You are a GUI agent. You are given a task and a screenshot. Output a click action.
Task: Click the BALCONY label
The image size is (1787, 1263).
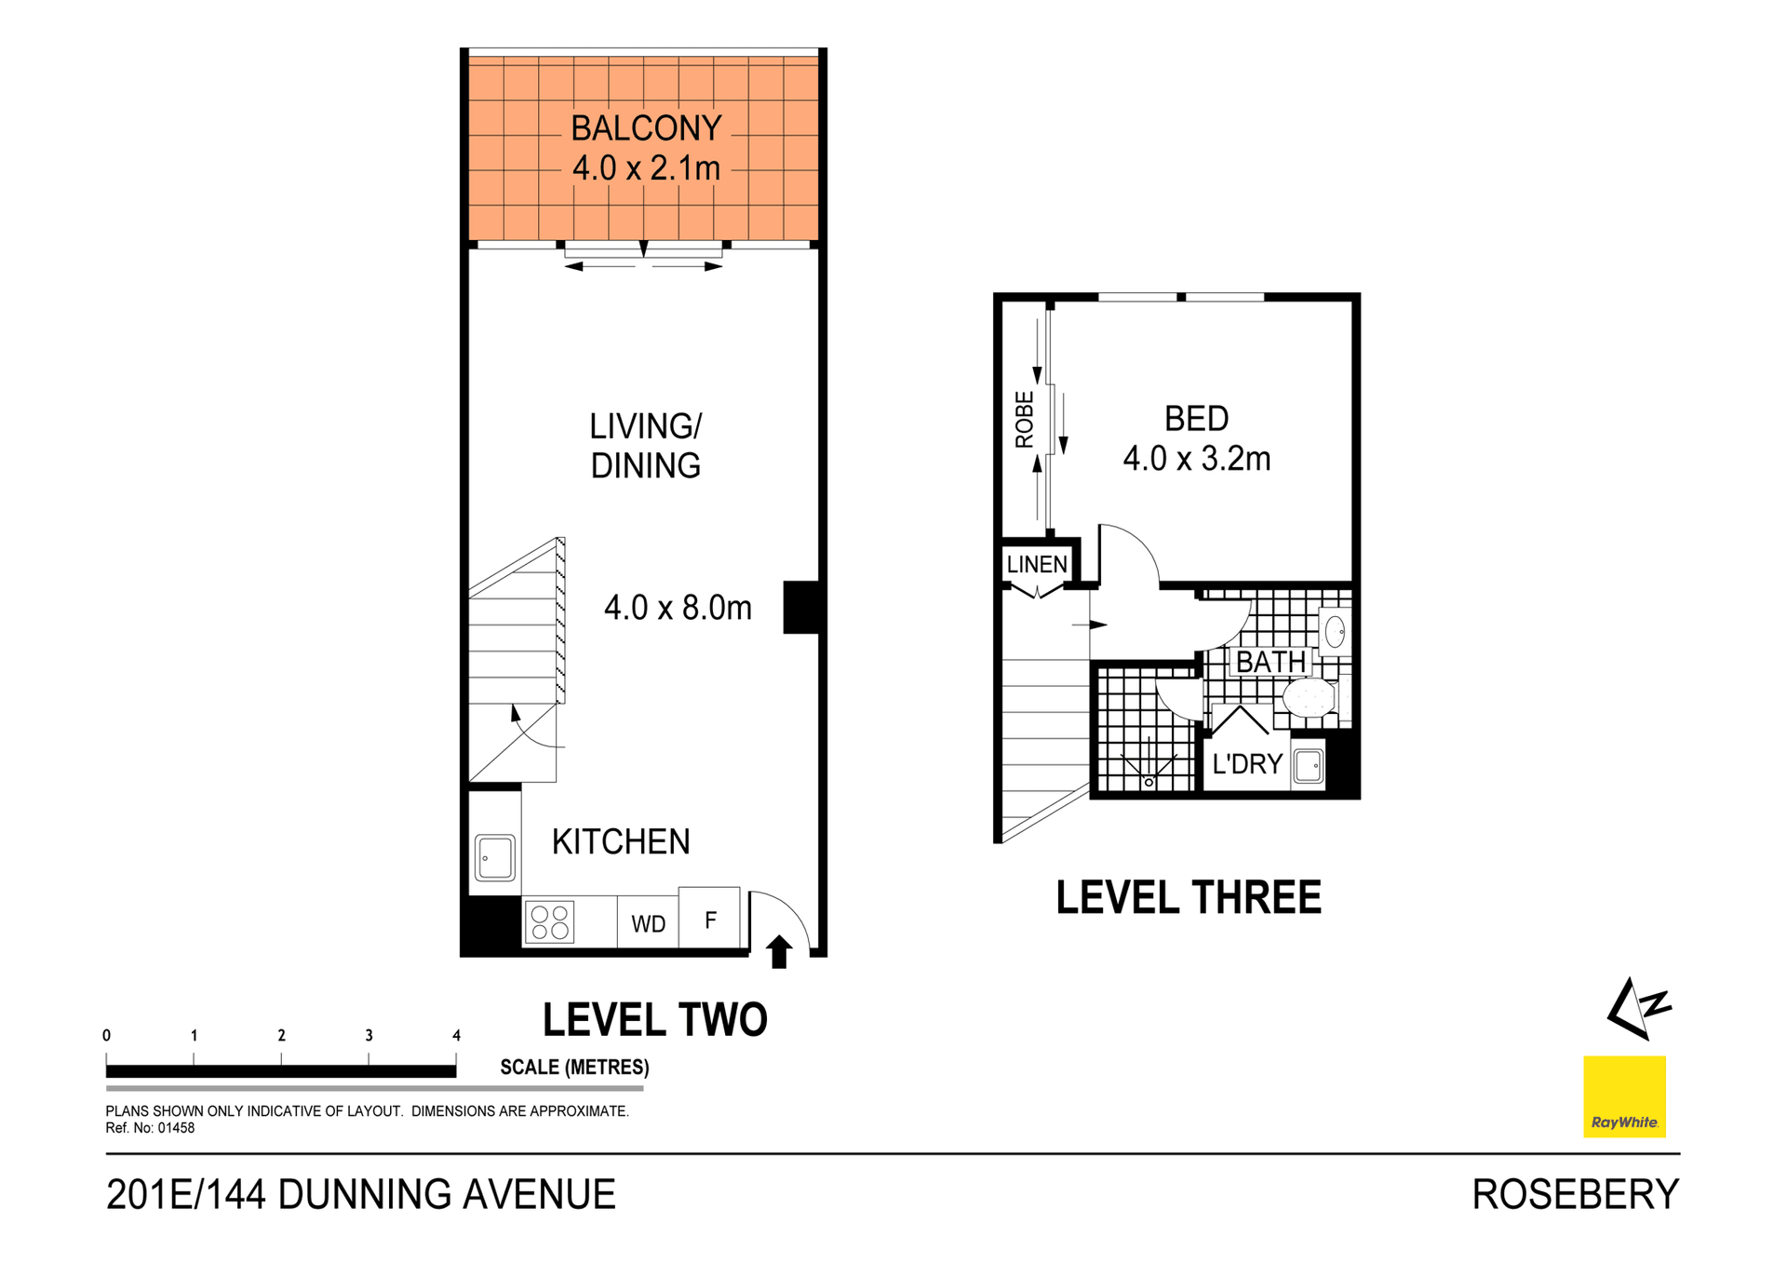pyautogui.click(x=646, y=128)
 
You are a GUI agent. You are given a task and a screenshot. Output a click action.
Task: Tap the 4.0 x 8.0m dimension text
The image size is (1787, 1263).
pyautogui.click(x=678, y=608)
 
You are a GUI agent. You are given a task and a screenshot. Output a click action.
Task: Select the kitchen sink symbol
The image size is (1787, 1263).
pyautogui.click(x=494, y=857)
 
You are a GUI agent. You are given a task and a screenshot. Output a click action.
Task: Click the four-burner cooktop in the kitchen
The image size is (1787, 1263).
pyautogui.click(x=549, y=922)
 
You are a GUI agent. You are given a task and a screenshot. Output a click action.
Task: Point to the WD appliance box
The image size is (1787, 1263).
pyautogui.click(x=648, y=923)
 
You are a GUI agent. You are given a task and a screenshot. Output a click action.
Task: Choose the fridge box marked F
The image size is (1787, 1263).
pyautogui.click(x=710, y=920)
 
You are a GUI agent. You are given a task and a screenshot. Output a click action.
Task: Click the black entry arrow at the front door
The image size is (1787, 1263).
pyautogui.click(x=779, y=952)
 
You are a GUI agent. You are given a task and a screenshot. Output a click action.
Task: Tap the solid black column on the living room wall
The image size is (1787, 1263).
pyautogui.click(x=800, y=608)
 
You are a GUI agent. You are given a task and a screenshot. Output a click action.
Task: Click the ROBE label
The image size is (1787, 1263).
pyautogui.click(x=1024, y=420)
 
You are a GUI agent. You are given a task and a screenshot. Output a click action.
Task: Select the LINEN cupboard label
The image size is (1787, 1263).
pyautogui.click(x=1037, y=564)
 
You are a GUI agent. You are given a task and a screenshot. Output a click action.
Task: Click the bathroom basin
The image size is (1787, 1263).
pyautogui.click(x=1335, y=632)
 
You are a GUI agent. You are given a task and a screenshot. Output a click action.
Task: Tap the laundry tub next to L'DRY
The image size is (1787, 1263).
pyautogui.click(x=1309, y=766)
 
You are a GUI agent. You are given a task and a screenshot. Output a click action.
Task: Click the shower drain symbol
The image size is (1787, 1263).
pyautogui.click(x=1149, y=782)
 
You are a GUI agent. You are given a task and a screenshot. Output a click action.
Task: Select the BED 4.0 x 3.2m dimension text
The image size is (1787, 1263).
pyautogui.click(x=1196, y=459)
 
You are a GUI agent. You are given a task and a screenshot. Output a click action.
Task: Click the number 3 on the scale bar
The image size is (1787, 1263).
pyautogui.click(x=369, y=1035)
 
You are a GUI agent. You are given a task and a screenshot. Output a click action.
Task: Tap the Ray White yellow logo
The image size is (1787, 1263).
pyautogui.click(x=1624, y=1096)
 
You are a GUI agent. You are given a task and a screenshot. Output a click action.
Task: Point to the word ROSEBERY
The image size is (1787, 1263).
pyautogui.click(x=1575, y=1194)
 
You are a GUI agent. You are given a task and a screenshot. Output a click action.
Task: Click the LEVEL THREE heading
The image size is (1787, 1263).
pyautogui.click(x=1188, y=897)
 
